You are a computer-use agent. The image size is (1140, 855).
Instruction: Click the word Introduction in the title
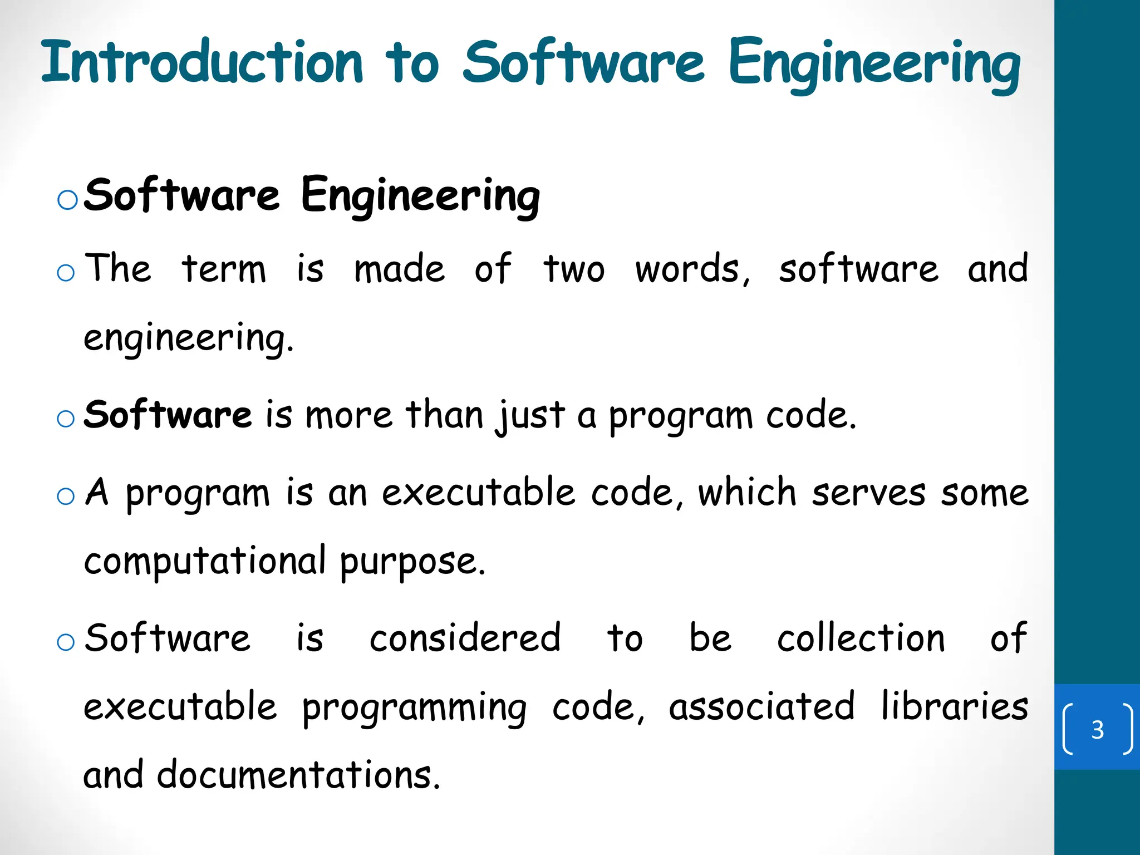coord(202,62)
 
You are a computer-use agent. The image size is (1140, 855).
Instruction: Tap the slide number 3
coord(1097,729)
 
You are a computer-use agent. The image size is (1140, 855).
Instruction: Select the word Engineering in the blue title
coord(874,64)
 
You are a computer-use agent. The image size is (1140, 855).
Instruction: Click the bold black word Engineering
coord(420,196)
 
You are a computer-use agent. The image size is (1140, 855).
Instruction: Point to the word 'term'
coord(224,269)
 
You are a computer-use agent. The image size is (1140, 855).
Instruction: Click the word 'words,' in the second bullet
coord(693,270)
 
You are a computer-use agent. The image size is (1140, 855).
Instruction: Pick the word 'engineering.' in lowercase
coord(188,338)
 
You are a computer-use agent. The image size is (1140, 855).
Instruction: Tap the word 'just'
coord(530,416)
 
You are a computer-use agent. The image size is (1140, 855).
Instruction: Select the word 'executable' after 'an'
coord(478,493)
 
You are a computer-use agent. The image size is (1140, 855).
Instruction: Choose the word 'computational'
coord(205,561)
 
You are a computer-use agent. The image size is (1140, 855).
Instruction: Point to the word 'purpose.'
coord(412,562)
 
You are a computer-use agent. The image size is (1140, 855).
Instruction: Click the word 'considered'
coord(465,638)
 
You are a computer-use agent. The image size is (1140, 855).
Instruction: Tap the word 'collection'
coord(861,638)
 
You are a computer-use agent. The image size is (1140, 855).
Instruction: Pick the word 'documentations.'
coord(298,775)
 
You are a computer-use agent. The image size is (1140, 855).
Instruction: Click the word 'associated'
coord(761,706)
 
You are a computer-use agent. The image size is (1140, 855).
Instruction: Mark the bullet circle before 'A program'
coord(66,495)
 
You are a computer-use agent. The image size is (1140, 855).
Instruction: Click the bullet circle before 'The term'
coord(66,273)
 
